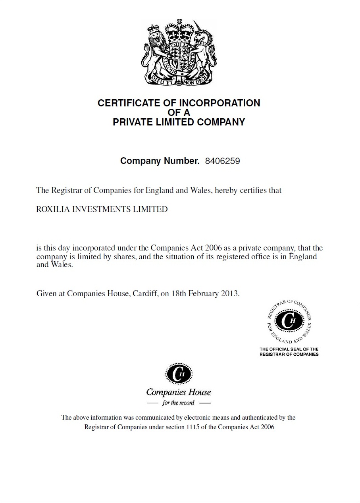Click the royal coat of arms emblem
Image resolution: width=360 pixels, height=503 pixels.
(179, 52)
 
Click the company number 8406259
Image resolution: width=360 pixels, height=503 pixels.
(222, 161)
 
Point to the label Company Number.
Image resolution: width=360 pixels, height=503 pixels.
(160, 161)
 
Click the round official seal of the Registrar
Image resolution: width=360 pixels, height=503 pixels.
(289, 321)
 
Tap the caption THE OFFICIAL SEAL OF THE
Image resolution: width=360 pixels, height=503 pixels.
(289, 349)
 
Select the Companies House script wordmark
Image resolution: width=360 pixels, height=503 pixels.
(179, 392)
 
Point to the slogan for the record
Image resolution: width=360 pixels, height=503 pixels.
(179, 403)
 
